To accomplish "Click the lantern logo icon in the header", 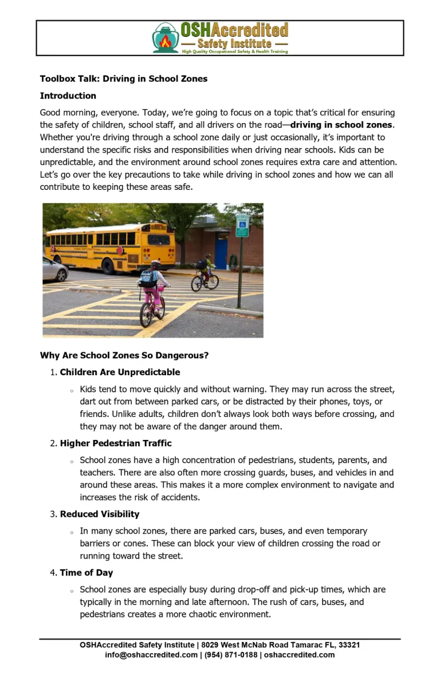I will (166, 38).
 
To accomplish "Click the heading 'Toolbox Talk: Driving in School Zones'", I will (124, 79).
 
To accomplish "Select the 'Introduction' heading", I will (68, 96).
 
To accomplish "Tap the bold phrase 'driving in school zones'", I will (341, 125).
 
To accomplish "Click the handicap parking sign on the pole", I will (242, 225).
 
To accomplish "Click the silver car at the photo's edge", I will (54, 269).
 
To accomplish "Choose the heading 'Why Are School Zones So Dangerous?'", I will (124, 355).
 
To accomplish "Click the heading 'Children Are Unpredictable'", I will (120, 372).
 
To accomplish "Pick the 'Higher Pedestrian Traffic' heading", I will (116, 443).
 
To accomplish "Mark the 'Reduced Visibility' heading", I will (100, 514).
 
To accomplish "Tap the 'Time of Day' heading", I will (87, 573).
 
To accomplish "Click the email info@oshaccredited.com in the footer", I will (151, 654).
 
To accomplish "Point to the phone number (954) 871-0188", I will (231, 654).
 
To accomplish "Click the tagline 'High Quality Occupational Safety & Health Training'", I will (235, 51).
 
